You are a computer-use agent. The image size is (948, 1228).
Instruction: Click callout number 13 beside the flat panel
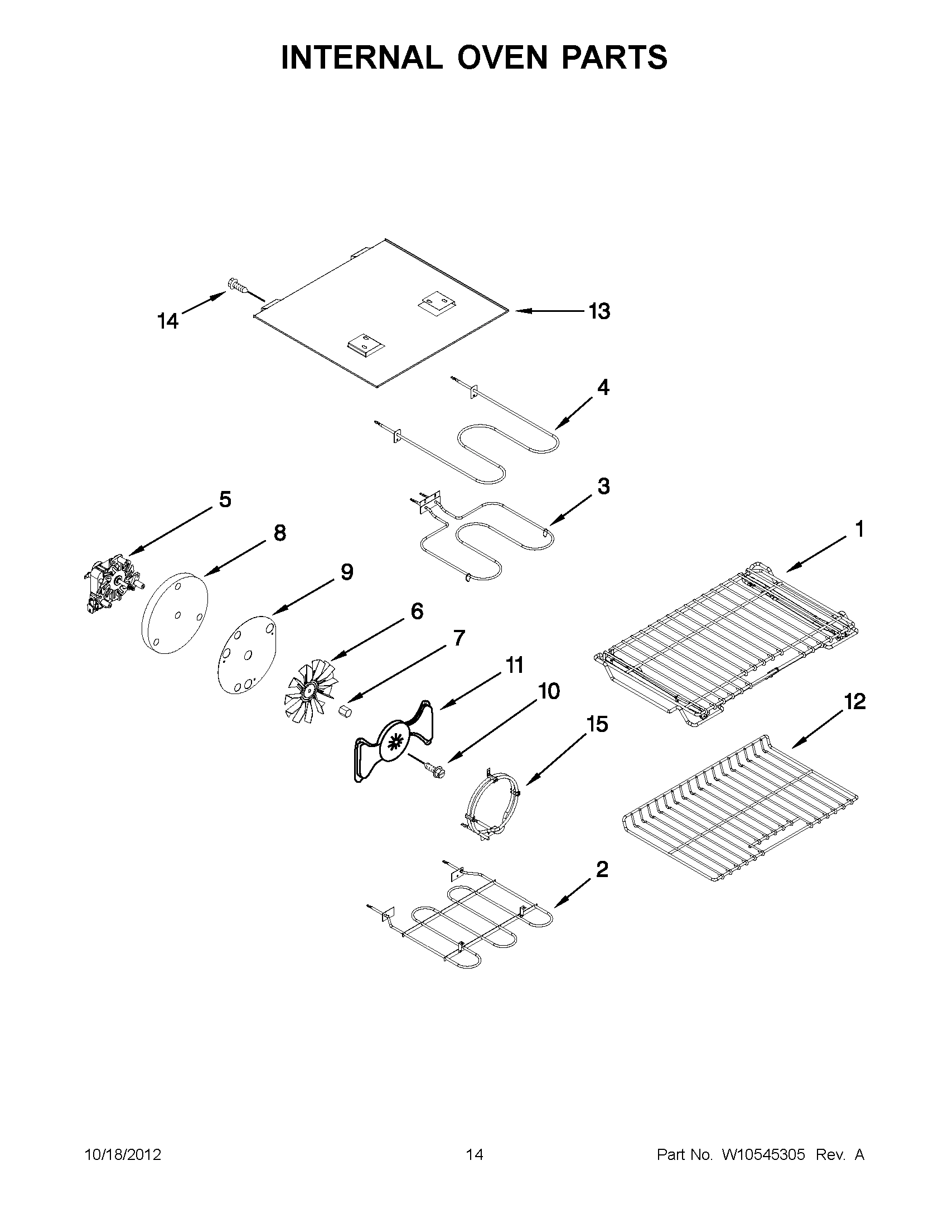click(599, 311)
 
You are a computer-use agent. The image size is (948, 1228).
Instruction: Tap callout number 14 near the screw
click(167, 321)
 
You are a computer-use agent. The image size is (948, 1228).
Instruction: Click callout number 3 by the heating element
click(603, 487)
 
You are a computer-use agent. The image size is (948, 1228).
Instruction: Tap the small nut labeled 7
click(345, 712)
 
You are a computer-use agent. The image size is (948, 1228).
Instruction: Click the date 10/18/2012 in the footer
click(123, 1155)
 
